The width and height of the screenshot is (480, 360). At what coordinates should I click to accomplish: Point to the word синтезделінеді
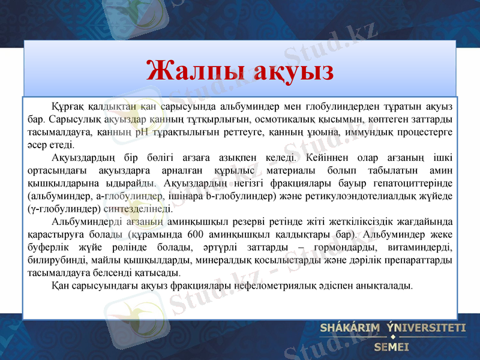(x=144, y=209)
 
